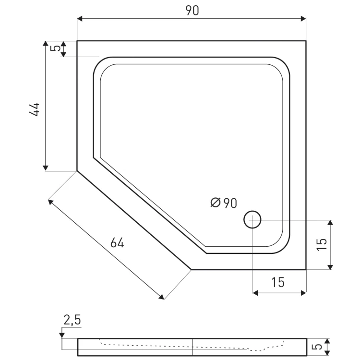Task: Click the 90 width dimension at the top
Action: pos(192,11)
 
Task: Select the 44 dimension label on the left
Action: pos(34,109)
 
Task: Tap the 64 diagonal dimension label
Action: pos(117,243)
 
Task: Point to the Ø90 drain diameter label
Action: pos(224,203)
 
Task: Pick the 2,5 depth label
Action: pos(72,320)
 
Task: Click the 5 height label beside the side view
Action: pos(318,347)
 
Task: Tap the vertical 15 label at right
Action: pos(322,244)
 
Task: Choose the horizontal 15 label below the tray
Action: pos(278,282)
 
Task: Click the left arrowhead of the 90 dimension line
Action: pos(80,19)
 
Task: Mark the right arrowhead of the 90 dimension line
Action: pos(303,19)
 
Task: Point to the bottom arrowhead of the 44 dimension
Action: pos(46,168)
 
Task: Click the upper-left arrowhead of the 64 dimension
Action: pos(50,202)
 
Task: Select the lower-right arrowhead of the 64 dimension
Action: pos(162,297)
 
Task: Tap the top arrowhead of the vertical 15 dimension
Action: pos(330,223)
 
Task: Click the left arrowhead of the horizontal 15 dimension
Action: pos(255,293)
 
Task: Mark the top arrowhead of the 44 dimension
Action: pos(46,44)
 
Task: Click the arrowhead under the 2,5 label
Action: pos(62,336)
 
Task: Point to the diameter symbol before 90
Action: pos(216,203)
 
